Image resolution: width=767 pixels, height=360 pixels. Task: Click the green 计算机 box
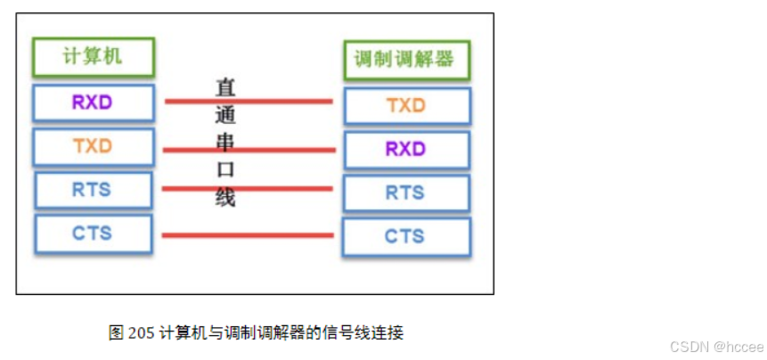pyautogui.click(x=94, y=57)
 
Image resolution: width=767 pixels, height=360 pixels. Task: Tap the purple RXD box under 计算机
pyautogui.click(x=94, y=102)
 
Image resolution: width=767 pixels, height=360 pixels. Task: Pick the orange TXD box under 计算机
pyautogui.click(x=94, y=147)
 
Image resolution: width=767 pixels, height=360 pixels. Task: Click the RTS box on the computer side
pyautogui.click(x=94, y=190)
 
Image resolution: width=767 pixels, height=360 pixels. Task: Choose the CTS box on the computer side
pyautogui.click(x=94, y=233)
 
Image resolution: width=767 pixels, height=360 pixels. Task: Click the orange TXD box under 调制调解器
pyautogui.click(x=406, y=105)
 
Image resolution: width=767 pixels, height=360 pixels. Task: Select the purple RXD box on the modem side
pyautogui.click(x=406, y=149)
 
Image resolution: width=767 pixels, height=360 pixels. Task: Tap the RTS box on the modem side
pyautogui.click(x=406, y=192)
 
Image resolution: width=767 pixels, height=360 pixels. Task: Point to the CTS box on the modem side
pyautogui.click(x=406, y=236)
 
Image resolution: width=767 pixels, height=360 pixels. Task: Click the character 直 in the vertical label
pyautogui.click(x=225, y=88)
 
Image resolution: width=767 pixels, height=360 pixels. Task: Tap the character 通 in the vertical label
pyautogui.click(x=225, y=116)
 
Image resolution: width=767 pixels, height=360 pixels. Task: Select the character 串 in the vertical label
pyautogui.click(x=225, y=143)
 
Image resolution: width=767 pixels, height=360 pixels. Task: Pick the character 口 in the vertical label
pyautogui.click(x=225, y=170)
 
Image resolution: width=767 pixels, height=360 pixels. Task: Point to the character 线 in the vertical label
pyautogui.click(x=225, y=197)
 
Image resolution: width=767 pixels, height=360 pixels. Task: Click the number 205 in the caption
pyautogui.click(x=141, y=333)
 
